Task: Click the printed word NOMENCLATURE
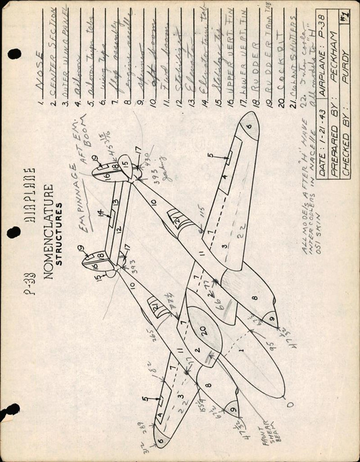pos(49,232)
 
